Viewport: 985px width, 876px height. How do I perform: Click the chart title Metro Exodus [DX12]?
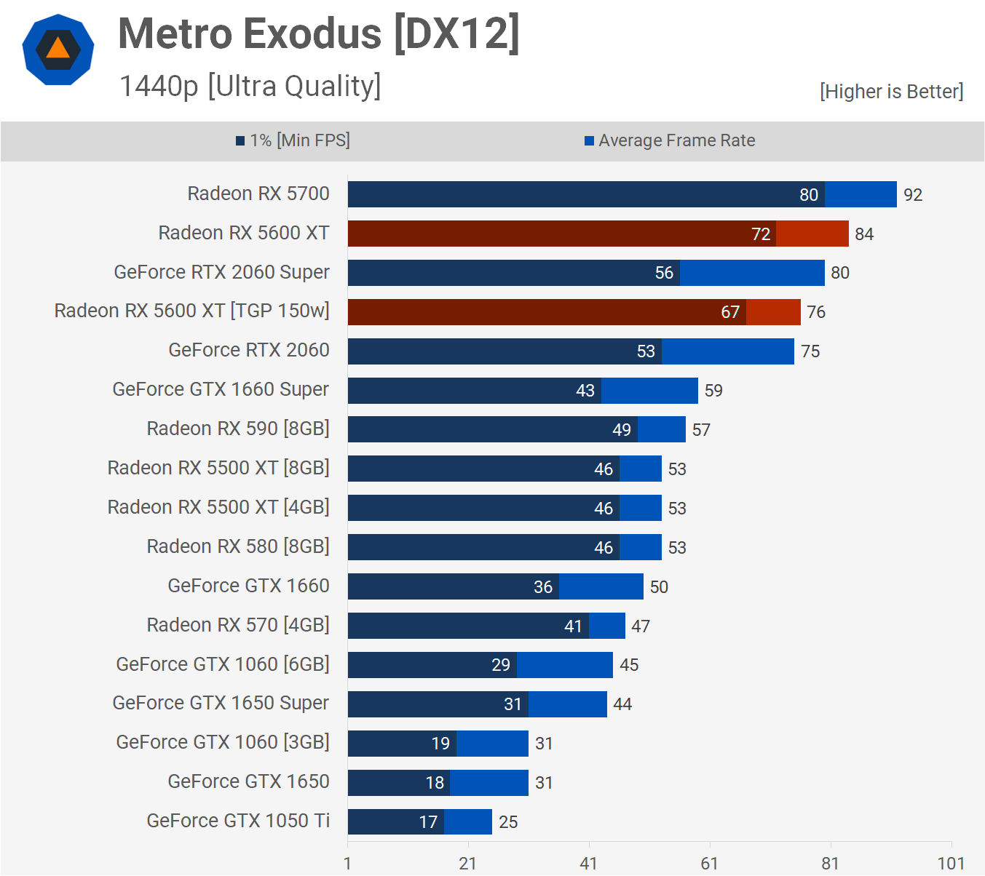pos(319,34)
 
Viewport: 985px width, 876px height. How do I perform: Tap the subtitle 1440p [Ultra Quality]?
pos(250,87)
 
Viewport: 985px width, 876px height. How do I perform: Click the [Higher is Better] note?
pos(891,92)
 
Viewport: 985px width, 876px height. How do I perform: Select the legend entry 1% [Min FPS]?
pos(293,140)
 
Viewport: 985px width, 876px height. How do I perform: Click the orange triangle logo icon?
pos(58,49)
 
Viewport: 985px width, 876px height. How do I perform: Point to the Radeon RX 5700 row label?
pos(258,194)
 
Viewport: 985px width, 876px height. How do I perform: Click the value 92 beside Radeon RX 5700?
pos(913,195)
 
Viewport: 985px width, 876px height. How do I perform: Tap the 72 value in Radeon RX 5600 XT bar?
pos(761,234)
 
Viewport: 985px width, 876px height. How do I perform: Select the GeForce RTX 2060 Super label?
pos(221,272)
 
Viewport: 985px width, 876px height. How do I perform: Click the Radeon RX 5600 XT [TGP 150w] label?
pos(191,311)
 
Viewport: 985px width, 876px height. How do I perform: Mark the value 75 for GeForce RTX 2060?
pos(810,351)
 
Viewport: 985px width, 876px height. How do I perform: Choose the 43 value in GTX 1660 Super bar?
pos(585,391)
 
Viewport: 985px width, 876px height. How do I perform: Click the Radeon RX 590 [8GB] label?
pos(238,429)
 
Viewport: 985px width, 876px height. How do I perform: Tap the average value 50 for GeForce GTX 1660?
pos(659,587)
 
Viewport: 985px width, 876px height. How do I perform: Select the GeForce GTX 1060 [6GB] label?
pos(223,664)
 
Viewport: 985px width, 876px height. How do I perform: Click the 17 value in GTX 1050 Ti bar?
pos(428,822)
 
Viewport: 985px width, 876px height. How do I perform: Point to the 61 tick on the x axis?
pos(709,864)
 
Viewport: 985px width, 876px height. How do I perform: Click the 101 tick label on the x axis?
pos(951,864)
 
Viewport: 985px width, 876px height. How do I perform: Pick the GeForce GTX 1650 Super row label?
pos(221,703)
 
